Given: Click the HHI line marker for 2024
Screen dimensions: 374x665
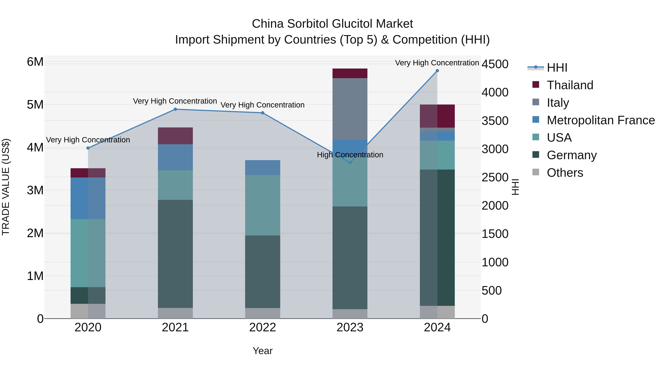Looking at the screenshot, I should pyautogui.click(x=437, y=71).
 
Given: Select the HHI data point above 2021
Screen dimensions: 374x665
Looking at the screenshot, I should pyautogui.click(x=175, y=109).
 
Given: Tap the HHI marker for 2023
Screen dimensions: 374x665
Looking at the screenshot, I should pyautogui.click(x=350, y=163).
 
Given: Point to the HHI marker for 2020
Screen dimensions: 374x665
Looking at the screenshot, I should pyautogui.click(x=88, y=148).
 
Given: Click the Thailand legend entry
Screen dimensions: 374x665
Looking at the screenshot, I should pyautogui.click(x=570, y=85).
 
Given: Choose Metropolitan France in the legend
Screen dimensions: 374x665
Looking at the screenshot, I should pyautogui.click(x=601, y=120).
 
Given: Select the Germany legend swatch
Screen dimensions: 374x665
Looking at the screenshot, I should pyautogui.click(x=536, y=155).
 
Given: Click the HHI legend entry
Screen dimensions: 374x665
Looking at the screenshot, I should pyautogui.click(x=557, y=68).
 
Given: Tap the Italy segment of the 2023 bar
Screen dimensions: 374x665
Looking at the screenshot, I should pyautogui.click(x=350, y=109).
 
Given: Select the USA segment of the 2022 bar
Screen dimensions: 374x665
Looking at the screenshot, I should pyautogui.click(x=262, y=205).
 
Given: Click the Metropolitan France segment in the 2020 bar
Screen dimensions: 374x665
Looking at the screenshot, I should pyautogui.click(x=88, y=198).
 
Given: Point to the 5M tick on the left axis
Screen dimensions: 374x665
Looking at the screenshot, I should pyautogui.click(x=35, y=105).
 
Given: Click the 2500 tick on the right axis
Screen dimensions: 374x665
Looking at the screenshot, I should pyautogui.click(x=495, y=177).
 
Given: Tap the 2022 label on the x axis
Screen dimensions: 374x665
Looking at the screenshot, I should pyautogui.click(x=262, y=327).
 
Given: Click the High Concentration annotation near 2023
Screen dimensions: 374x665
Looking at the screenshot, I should pyautogui.click(x=350, y=155).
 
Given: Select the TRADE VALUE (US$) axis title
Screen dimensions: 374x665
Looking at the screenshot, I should pyautogui.click(x=6, y=187).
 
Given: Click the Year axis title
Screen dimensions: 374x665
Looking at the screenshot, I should pyautogui.click(x=262, y=351).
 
